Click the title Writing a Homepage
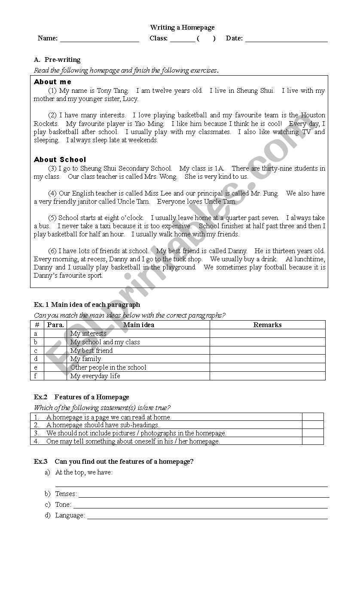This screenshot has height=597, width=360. [x=182, y=28]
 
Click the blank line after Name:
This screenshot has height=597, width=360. [x=99, y=39]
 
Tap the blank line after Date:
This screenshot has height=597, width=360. [x=286, y=39]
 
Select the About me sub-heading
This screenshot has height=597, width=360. [x=52, y=82]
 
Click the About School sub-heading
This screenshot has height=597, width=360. [x=60, y=159]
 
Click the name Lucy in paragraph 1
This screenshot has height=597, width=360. [x=130, y=99]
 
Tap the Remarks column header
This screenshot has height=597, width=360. [x=267, y=325]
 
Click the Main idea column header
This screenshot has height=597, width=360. [x=138, y=325]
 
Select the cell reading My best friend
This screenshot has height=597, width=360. [x=92, y=351]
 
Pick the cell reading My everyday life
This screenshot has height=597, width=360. [x=95, y=376]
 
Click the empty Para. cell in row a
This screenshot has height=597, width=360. [x=55, y=334]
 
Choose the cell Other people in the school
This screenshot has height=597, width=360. [x=108, y=367]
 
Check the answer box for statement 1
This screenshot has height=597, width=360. [x=312, y=417]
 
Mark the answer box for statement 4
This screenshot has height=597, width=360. [x=312, y=441]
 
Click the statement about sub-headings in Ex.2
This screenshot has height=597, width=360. [x=103, y=425]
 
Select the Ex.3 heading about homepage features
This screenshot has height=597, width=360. [x=114, y=462]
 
